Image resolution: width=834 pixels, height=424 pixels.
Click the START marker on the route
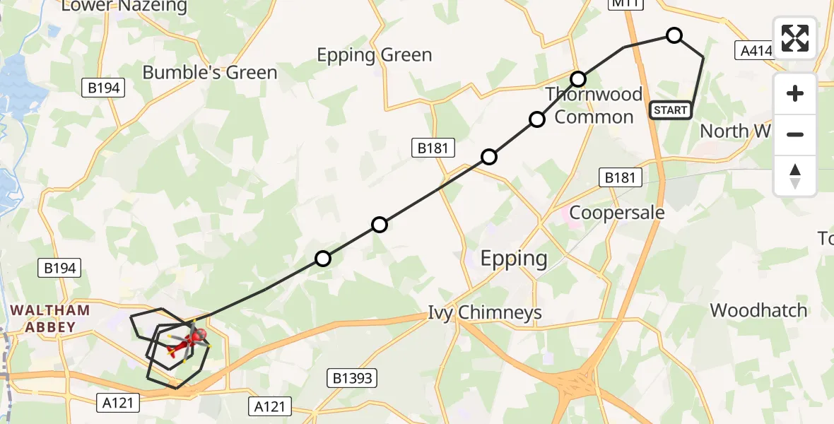click(670, 110)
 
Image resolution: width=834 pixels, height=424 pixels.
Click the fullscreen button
click(795, 37)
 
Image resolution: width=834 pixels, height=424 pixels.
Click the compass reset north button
click(795, 176)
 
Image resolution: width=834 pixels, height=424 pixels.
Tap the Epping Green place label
click(374, 55)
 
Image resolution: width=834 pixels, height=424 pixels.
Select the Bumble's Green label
click(210, 72)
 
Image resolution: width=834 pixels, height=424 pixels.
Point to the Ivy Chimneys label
click(485, 312)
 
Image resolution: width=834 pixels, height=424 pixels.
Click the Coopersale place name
click(617, 212)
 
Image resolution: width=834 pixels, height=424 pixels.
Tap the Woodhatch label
click(758, 310)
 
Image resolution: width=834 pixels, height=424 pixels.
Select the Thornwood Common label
click(594, 105)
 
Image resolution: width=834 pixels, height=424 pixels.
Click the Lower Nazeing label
click(124, 6)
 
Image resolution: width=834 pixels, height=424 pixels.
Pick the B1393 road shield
click(352, 377)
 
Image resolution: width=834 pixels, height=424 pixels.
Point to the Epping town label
click(514, 259)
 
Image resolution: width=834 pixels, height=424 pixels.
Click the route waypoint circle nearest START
click(674, 35)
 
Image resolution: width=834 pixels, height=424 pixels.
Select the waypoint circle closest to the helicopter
click(323, 259)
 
